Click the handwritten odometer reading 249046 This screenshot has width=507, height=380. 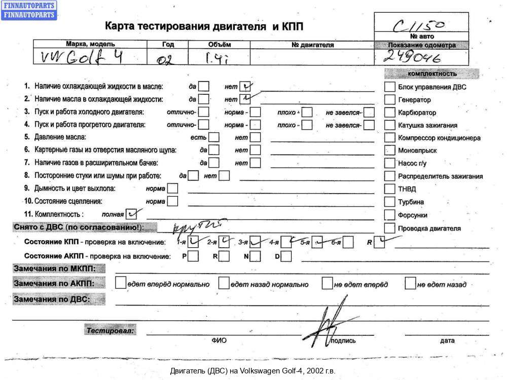point(414,57)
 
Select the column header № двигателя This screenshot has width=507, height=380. point(313,45)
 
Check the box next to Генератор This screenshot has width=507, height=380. point(389,100)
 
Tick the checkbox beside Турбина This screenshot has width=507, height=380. point(389,202)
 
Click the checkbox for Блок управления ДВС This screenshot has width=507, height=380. point(389,87)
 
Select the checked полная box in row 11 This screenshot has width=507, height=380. point(131,213)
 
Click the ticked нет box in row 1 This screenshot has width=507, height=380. point(246,86)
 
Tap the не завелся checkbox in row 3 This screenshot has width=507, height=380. point(370,112)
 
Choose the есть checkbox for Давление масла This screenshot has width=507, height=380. point(214,137)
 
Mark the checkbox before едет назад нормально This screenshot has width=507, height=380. point(224,283)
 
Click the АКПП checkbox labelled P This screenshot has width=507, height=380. point(193,256)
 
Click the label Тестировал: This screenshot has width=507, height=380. point(111,331)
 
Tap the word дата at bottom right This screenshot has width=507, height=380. point(447,340)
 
